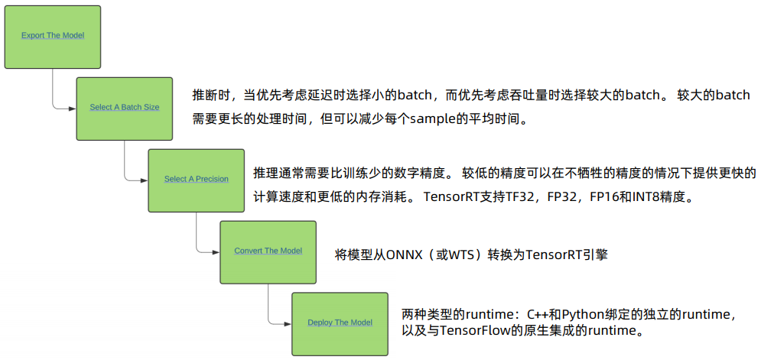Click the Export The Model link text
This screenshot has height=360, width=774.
[x=53, y=36]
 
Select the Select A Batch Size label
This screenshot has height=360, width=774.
[x=125, y=108]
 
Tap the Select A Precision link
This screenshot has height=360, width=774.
[x=197, y=180]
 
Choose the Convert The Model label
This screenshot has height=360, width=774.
[x=268, y=251]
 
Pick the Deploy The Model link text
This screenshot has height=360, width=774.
[x=340, y=323]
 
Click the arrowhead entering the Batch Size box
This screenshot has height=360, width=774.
[x=73, y=108]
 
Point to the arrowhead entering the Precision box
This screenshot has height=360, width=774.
[x=145, y=180]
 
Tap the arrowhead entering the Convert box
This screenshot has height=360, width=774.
[x=216, y=251]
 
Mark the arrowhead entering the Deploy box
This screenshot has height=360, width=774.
[x=288, y=323]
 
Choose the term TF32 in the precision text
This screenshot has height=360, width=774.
[x=515, y=196]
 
